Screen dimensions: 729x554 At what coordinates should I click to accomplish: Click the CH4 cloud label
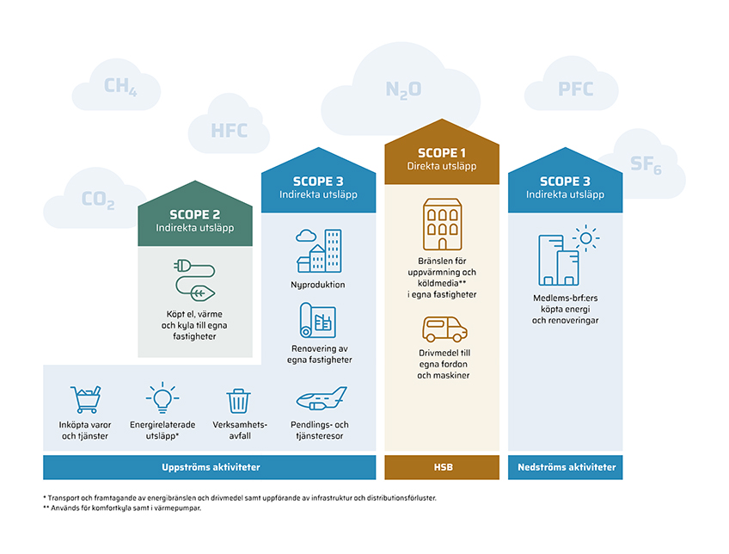pyautogui.click(x=120, y=87)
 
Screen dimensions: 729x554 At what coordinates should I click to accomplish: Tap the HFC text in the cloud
pyautogui.click(x=230, y=131)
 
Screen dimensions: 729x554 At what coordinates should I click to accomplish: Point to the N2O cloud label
pyautogui.click(x=403, y=89)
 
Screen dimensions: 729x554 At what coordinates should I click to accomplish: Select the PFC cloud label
pyautogui.click(x=576, y=89)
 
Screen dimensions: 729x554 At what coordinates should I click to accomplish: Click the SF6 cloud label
pyautogui.click(x=646, y=164)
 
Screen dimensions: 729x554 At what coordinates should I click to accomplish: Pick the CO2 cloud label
pyautogui.click(x=98, y=200)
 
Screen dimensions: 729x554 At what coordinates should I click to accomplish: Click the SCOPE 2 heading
pyautogui.click(x=195, y=214)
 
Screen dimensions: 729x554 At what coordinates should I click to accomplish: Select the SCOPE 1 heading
pyautogui.click(x=442, y=152)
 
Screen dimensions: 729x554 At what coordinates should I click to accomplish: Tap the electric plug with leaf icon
pyautogui.click(x=194, y=280)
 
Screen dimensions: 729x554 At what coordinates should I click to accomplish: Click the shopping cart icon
pyautogui.click(x=86, y=399)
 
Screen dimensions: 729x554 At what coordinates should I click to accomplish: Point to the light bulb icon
pyautogui.click(x=162, y=397)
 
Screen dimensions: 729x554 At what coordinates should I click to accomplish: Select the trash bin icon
pyautogui.click(x=238, y=401)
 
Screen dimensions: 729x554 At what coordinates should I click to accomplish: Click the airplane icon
pyautogui.click(x=322, y=398)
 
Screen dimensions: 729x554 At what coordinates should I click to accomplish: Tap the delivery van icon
pyautogui.click(x=444, y=329)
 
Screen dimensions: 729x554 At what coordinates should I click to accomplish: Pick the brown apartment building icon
pyautogui.click(x=442, y=225)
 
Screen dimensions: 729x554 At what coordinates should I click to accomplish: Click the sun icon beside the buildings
pyautogui.click(x=585, y=238)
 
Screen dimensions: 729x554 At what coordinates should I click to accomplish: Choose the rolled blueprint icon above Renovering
pyautogui.click(x=317, y=320)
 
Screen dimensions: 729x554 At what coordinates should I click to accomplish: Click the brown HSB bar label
pyautogui.click(x=443, y=467)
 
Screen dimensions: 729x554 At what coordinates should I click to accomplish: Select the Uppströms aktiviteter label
pyautogui.click(x=211, y=467)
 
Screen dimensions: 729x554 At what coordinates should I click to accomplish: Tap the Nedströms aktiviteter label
pyautogui.click(x=567, y=467)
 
